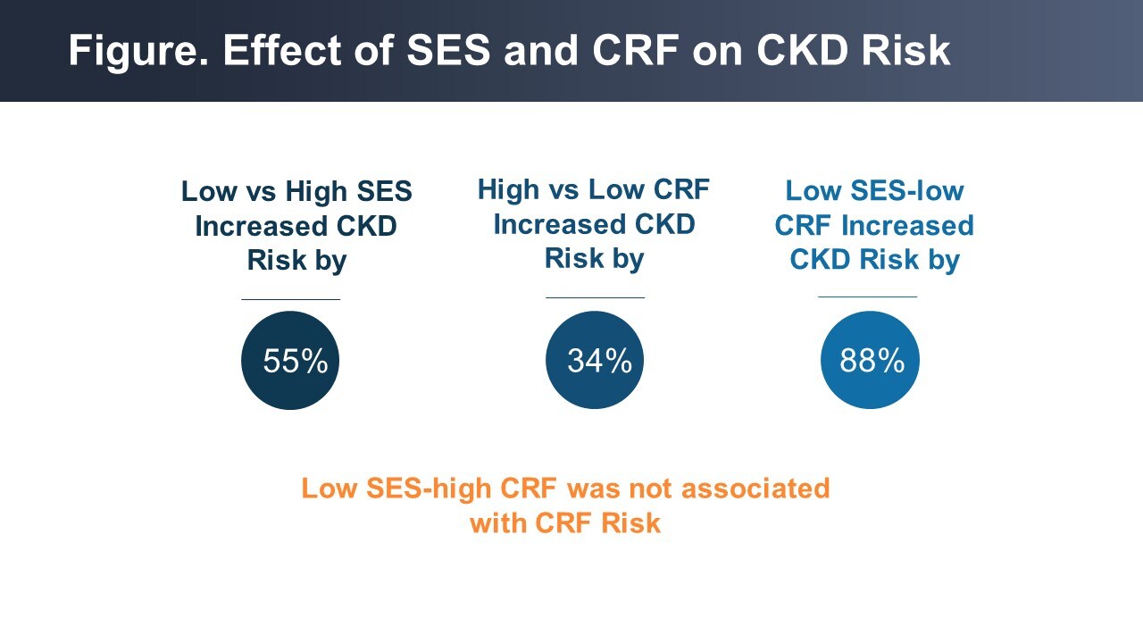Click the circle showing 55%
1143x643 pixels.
click(290, 361)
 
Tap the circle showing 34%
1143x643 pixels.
click(595, 360)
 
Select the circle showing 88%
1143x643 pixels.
click(870, 360)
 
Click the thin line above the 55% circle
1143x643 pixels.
click(290, 299)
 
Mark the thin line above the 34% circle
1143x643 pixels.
click(595, 297)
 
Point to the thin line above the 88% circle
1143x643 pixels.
click(867, 296)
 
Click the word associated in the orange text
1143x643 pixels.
click(756, 489)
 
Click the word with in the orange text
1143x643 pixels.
click(498, 522)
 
